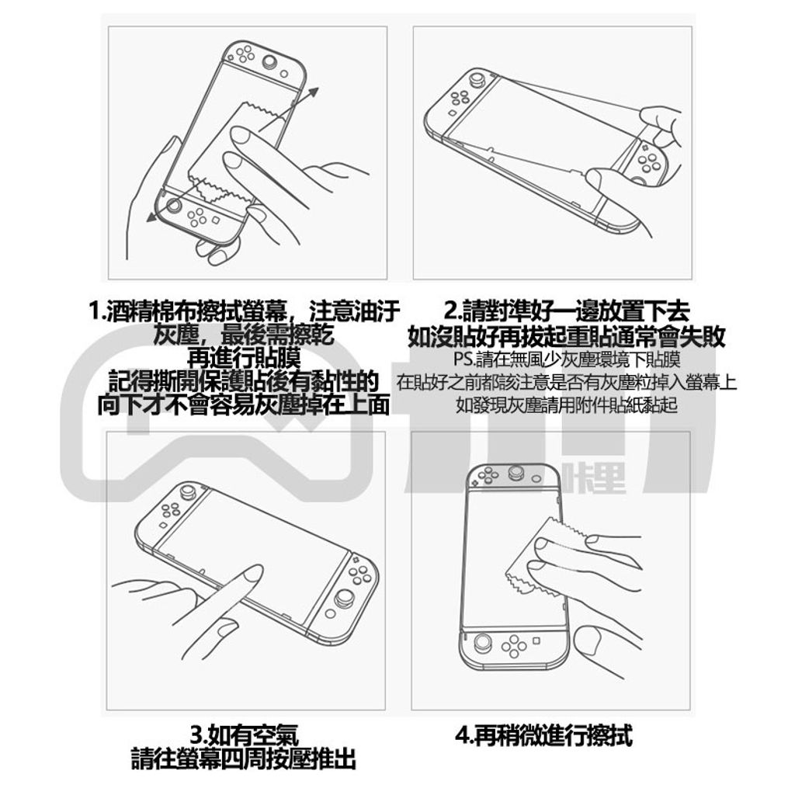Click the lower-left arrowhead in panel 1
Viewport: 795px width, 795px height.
pyautogui.click(x=151, y=217)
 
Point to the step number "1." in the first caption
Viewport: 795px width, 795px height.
pyautogui.click(x=97, y=311)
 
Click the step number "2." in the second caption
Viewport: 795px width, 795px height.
pyautogui.click(x=453, y=311)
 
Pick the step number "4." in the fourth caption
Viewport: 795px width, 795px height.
pyautogui.click(x=464, y=735)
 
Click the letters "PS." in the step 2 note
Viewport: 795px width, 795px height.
pyautogui.click(x=464, y=359)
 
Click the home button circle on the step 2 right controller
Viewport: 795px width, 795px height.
pyautogui.click(x=640, y=179)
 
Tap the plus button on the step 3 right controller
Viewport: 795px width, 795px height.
pyautogui.click(x=356, y=561)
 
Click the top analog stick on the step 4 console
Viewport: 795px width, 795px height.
pyautogui.click(x=516, y=474)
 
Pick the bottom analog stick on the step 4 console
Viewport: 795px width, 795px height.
pyautogui.click(x=481, y=644)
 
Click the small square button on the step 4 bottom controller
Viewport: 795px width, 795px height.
pyautogui.click(x=536, y=641)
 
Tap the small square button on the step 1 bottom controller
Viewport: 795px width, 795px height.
pyautogui.click(x=215, y=221)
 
